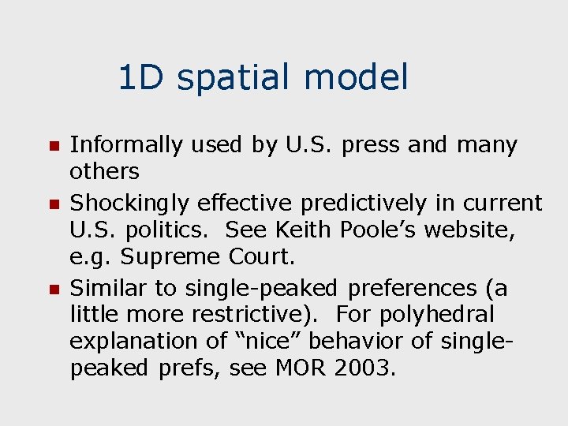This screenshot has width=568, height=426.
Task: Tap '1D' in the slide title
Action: pos(143,78)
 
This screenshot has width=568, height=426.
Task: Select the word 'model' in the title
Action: pos(356,78)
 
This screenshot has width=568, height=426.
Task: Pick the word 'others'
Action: pos(104,171)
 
